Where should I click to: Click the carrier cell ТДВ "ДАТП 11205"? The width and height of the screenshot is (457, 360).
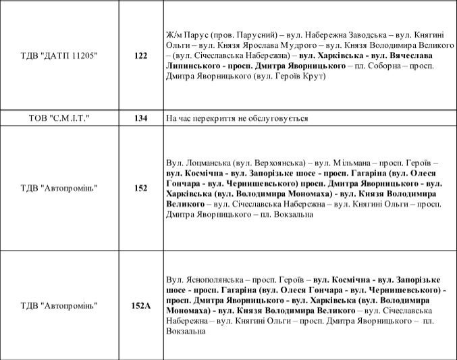pos(59,55)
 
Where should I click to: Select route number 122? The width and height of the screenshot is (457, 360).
pos(140,55)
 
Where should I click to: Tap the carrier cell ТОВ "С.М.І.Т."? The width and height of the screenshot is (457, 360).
pos(59,118)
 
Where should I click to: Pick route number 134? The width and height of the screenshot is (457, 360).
pos(140,118)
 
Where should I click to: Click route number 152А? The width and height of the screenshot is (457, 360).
pos(140,305)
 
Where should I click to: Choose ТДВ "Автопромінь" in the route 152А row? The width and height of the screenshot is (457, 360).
pos(59,305)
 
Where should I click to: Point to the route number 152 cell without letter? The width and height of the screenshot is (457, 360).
pos(140,188)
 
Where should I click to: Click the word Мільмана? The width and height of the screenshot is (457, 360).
pos(352,163)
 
